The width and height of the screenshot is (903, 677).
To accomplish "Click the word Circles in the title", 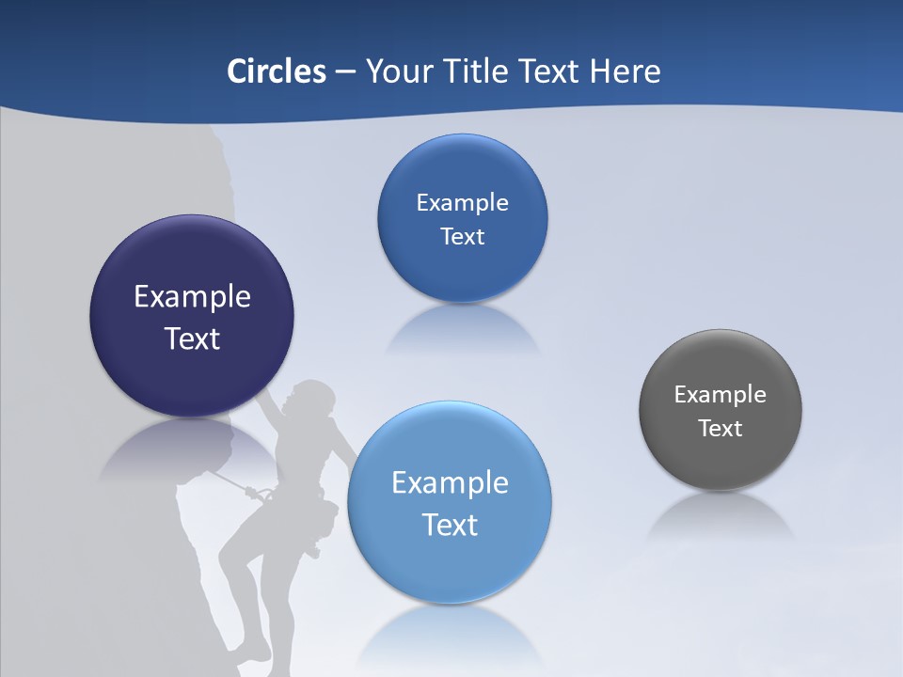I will click(x=277, y=71).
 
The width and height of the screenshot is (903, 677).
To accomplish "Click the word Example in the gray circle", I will click(x=721, y=395).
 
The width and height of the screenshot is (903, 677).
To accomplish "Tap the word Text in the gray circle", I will click(x=721, y=429).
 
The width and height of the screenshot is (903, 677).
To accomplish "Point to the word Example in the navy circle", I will click(x=193, y=297).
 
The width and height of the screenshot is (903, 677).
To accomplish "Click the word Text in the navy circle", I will click(x=193, y=338).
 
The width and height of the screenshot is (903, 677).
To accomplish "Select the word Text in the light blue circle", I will click(x=450, y=525).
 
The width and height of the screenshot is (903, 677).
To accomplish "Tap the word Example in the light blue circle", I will click(x=450, y=483).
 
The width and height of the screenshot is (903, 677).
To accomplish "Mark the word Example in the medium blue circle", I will click(x=463, y=203).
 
